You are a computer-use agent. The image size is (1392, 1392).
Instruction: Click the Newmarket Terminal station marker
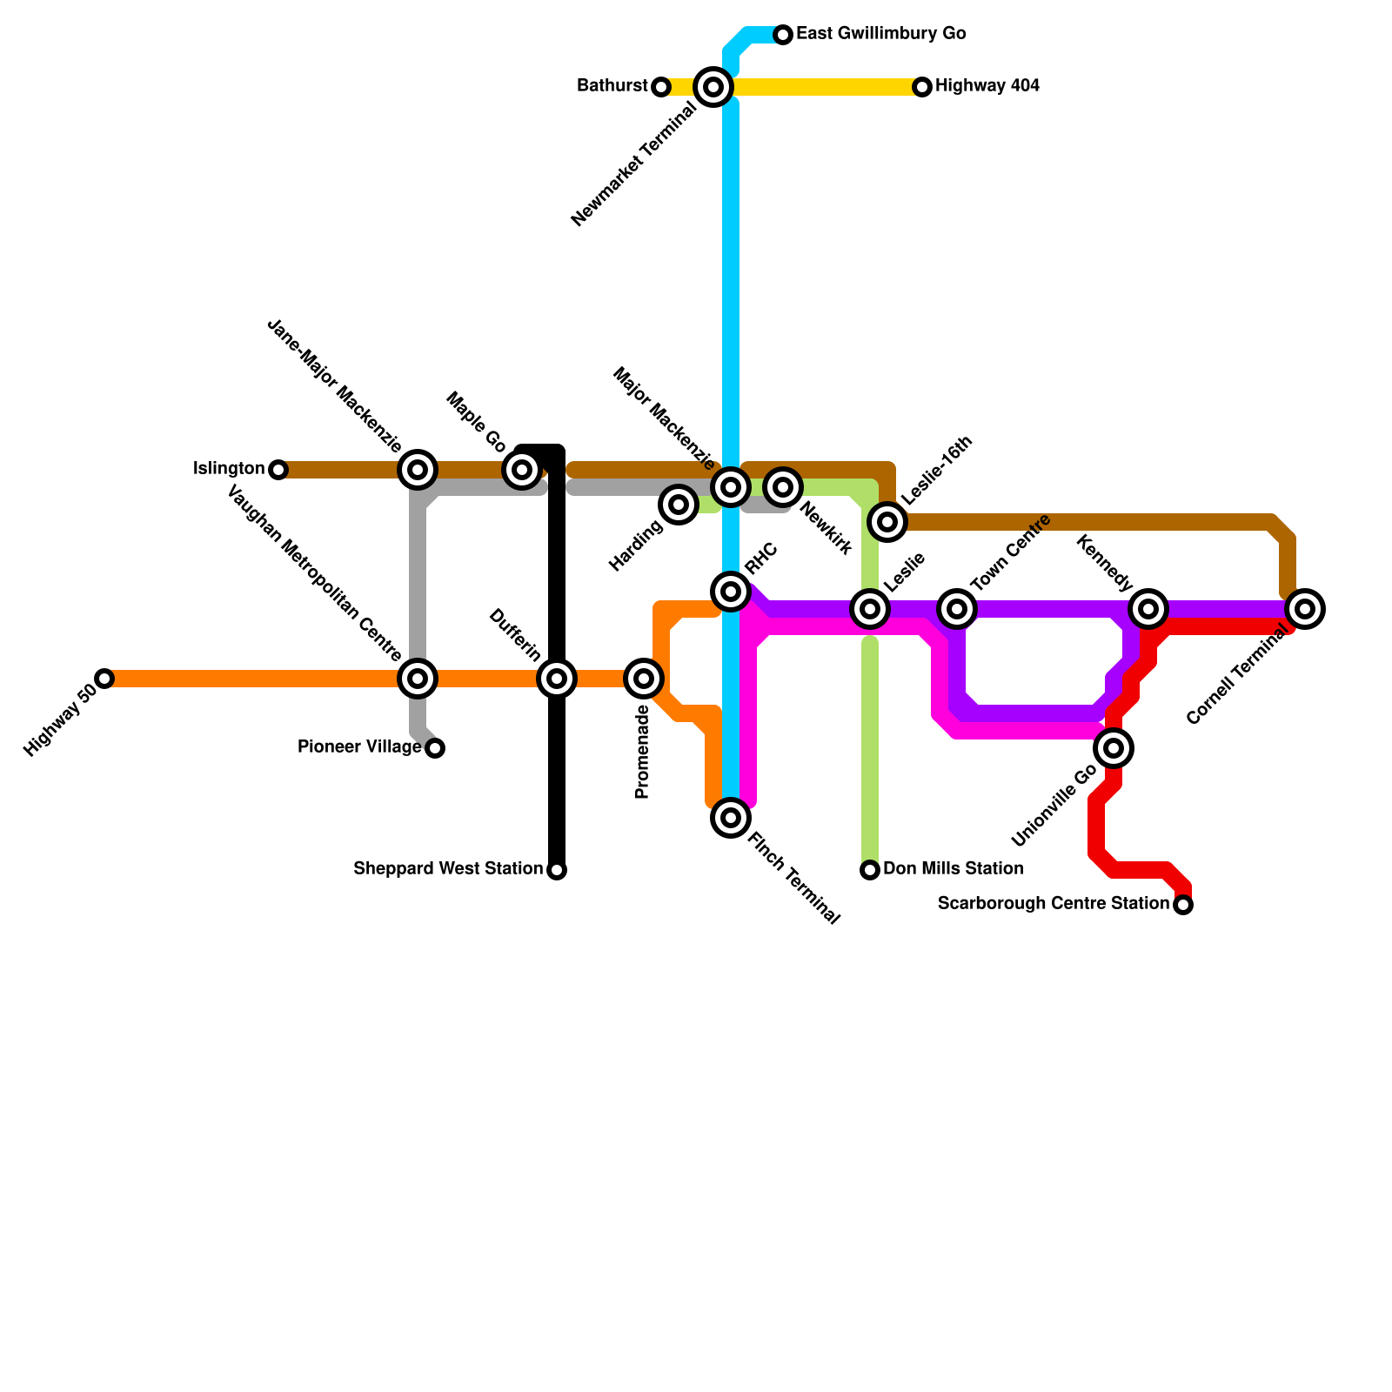[713, 87]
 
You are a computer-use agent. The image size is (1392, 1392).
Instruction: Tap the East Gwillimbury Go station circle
[783, 35]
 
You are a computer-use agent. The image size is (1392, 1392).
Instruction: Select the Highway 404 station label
[987, 86]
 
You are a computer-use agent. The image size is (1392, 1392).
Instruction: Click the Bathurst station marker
[661, 87]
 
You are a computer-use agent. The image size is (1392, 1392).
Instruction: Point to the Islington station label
[229, 470]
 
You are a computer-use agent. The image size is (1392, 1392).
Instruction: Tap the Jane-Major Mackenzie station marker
[418, 470]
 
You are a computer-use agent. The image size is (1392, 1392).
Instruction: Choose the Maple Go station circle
[522, 470]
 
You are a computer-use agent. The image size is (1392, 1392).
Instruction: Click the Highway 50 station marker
[104, 679]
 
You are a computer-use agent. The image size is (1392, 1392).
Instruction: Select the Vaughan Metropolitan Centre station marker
[418, 679]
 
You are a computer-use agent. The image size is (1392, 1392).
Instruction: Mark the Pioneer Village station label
[359, 747]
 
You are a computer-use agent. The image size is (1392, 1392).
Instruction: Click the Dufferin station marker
[557, 679]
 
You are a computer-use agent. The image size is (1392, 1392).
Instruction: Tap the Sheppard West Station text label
[448, 869]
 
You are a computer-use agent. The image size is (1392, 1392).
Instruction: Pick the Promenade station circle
[644, 679]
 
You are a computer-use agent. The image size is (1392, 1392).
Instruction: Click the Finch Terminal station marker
[731, 818]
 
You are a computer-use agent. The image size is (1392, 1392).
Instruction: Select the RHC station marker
[731, 592]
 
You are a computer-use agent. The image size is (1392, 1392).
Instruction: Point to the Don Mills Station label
[953, 869]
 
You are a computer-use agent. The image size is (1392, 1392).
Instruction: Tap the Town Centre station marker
[957, 609]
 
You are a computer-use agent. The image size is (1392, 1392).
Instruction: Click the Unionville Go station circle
[1114, 748]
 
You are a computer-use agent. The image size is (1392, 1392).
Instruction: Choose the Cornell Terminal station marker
[1305, 609]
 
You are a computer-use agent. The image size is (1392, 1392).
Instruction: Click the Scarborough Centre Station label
[1053, 904]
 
